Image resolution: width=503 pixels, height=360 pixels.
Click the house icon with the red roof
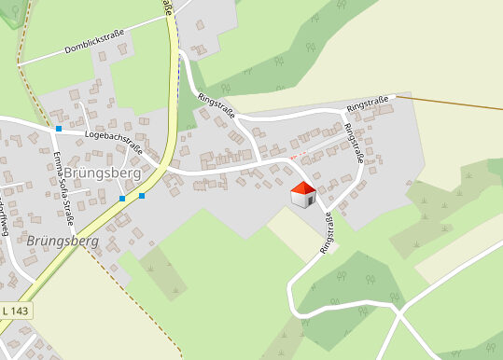click(302, 194)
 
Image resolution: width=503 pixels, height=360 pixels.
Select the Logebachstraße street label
click(112, 141)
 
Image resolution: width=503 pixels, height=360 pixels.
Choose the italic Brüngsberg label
click(63, 241)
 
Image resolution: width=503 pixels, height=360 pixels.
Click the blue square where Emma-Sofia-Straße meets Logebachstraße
click(58, 128)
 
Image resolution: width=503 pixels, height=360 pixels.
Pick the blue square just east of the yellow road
click(142, 196)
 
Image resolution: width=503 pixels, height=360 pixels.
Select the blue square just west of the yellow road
click(122, 198)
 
